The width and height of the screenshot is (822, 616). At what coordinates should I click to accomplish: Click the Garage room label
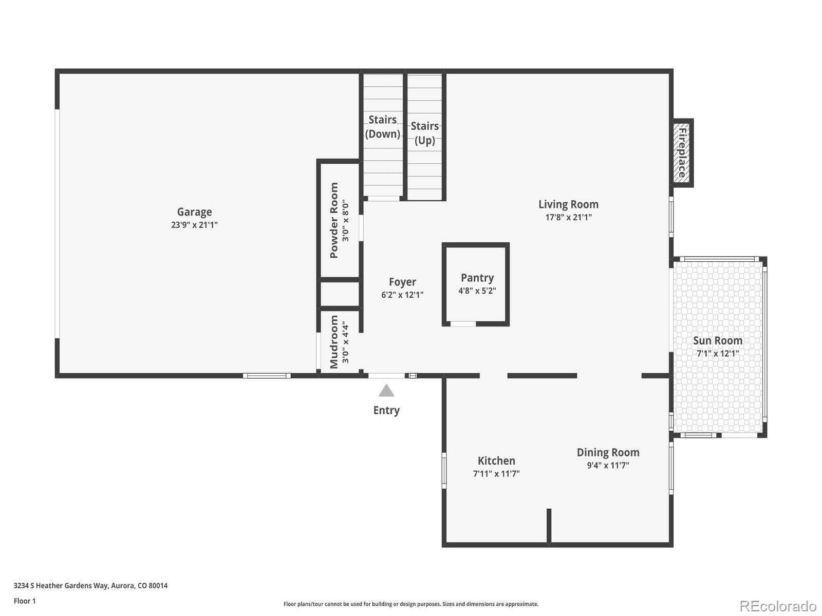coord(194,211)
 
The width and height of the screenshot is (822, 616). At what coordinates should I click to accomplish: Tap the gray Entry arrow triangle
coord(386,391)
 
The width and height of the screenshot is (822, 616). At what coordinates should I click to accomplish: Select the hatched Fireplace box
coord(682,153)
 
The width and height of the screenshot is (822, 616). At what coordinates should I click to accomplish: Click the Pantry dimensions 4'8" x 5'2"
coord(477,291)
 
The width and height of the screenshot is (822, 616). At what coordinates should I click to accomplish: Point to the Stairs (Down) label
coord(382,127)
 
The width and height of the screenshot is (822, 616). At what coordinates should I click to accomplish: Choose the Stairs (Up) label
coord(424,133)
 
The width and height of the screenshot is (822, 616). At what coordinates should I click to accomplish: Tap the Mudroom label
coord(334,342)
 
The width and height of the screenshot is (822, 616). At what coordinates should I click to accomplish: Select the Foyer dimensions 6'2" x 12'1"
coord(402,295)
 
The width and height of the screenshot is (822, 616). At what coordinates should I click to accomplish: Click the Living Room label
coord(568,204)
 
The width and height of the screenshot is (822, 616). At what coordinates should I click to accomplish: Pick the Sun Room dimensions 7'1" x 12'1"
coord(717,353)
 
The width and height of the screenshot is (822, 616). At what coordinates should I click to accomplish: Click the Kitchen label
coord(496,460)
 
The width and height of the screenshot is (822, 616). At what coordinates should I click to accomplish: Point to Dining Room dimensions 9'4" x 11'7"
coord(608,466)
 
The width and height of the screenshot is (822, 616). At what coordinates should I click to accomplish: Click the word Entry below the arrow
coord(386,410)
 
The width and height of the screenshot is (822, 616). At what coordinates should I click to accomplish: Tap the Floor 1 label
coord(25,601)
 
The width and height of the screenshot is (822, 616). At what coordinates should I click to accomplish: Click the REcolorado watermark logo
coord(778,606)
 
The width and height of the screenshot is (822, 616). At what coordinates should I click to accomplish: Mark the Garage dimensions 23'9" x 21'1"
coord(194,225)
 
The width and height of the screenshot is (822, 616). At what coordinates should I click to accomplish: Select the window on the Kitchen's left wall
coord(444,469)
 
